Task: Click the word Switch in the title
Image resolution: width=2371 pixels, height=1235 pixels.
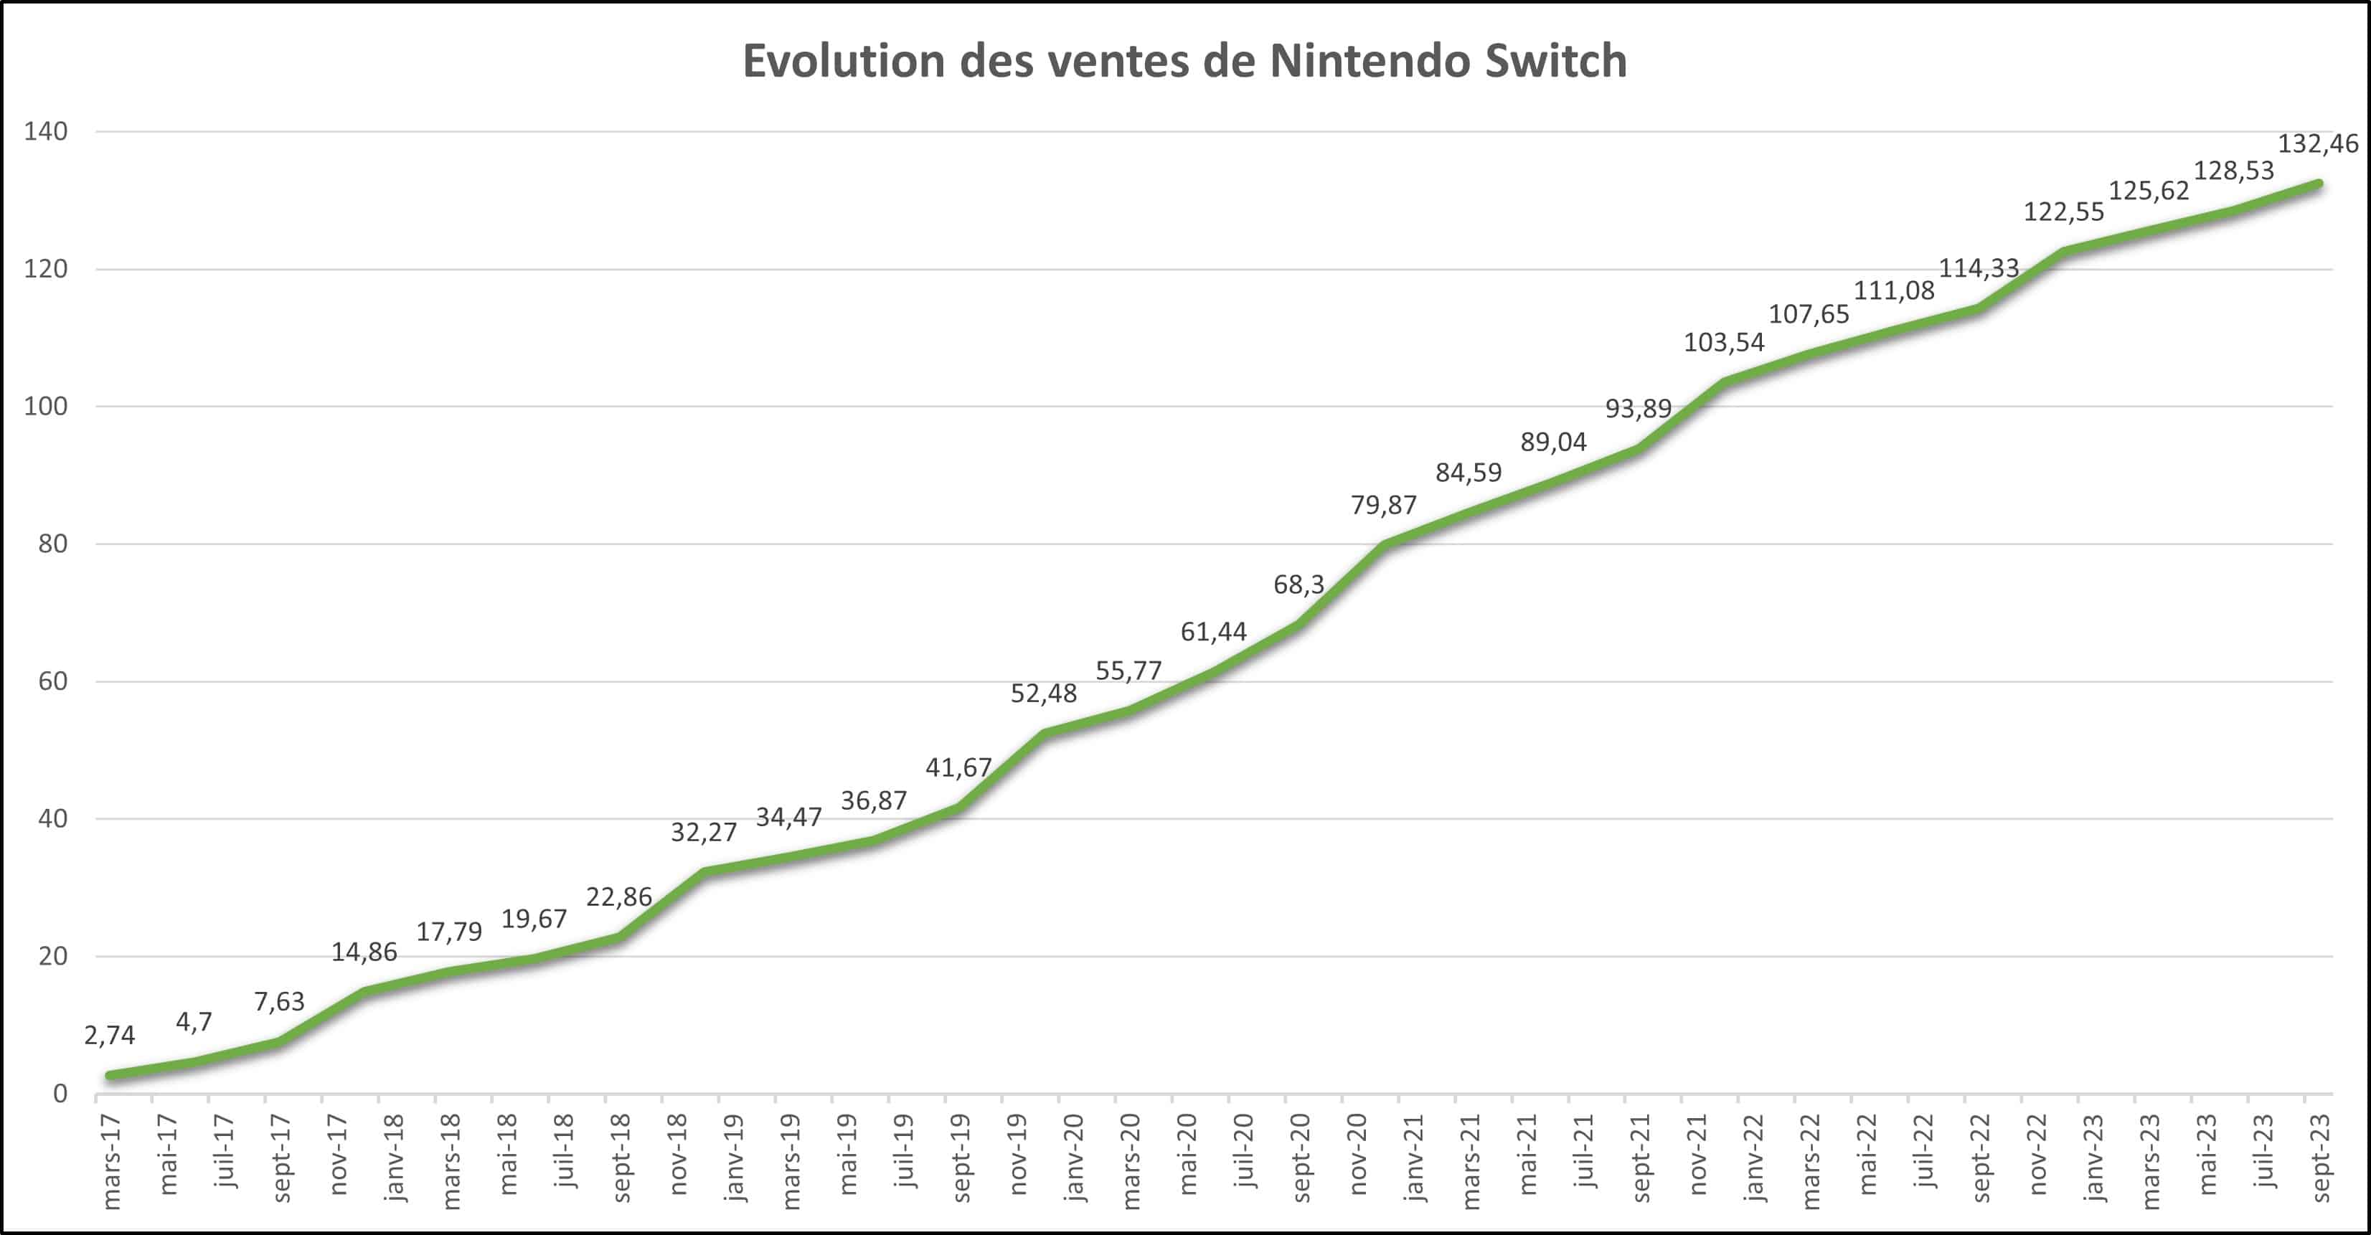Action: (x=1555, y=61)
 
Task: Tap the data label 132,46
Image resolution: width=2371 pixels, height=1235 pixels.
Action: (x=2318, y=143)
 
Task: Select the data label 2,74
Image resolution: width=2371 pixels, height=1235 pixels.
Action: (x=110, y=1036)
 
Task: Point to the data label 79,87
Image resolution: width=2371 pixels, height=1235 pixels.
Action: (x=1383, y=504)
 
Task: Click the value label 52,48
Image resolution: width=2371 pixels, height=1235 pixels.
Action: (x=1043, y=693)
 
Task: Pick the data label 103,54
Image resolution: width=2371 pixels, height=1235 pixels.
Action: (x=1724, y=342)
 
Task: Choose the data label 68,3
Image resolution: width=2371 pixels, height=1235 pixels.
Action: (x=1298, y=584)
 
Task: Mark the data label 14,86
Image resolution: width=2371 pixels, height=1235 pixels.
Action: (x=364, y=952)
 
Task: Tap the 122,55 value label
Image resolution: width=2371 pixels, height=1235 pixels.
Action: (x=2063, y=212)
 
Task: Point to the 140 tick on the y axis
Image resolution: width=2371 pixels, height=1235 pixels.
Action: (x=46, y=131)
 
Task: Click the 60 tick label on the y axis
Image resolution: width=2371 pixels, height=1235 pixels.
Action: (x=52, y=681)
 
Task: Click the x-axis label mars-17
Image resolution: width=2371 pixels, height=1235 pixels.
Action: (x=111, y=1160)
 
